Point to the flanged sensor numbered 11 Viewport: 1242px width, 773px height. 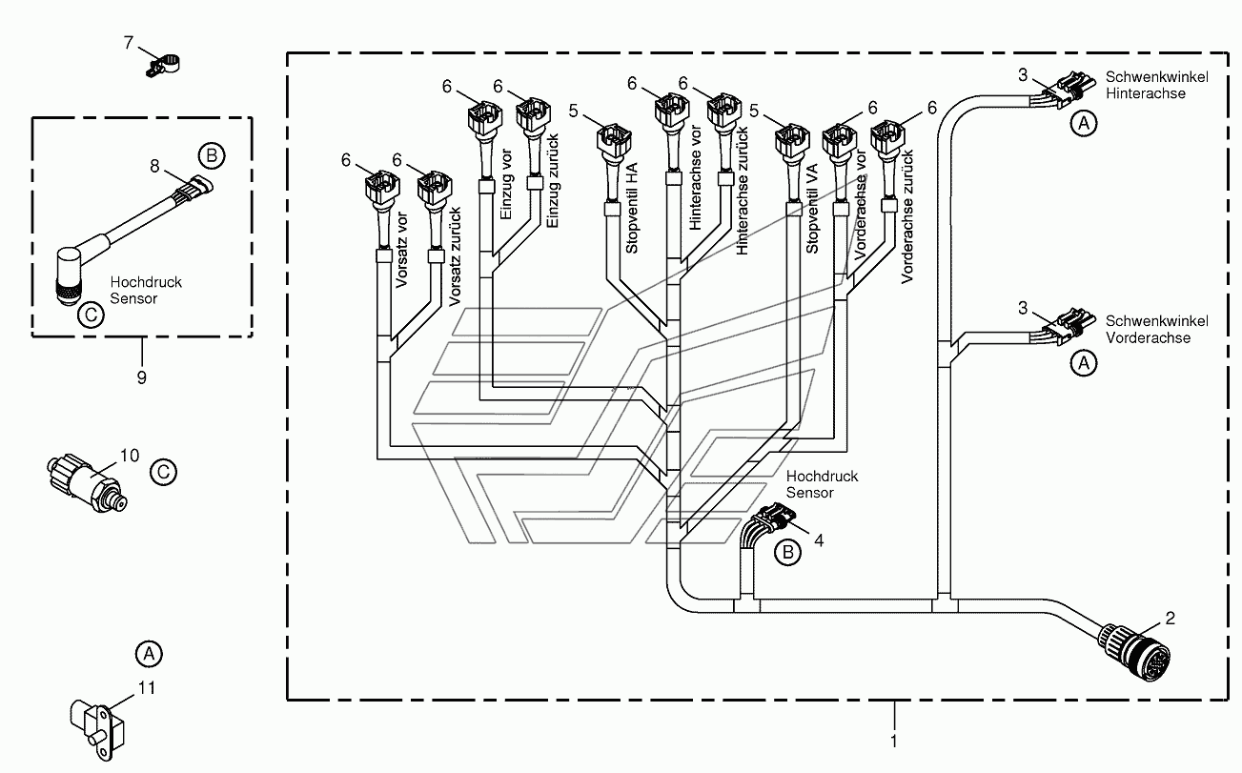(x=97, y=727)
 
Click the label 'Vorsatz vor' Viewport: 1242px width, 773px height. (x=402, y=250)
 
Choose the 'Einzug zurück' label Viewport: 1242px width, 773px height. (x=553, y=181)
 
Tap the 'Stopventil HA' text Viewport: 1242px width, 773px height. (x=632, y=209)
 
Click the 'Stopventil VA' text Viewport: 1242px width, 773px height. (x=812, y=209)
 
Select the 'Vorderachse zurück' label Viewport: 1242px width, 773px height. (x=907, y=216)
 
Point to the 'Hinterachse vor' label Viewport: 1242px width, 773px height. (x=695, y=178)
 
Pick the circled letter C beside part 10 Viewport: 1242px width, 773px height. (x=164, y=473)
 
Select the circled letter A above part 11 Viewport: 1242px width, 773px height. (x=149, y=654)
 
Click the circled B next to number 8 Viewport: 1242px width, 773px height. (x=212, y=155)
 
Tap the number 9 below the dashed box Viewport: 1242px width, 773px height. (x=142, y=378)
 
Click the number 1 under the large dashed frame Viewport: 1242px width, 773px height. (x=893, y=742)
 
